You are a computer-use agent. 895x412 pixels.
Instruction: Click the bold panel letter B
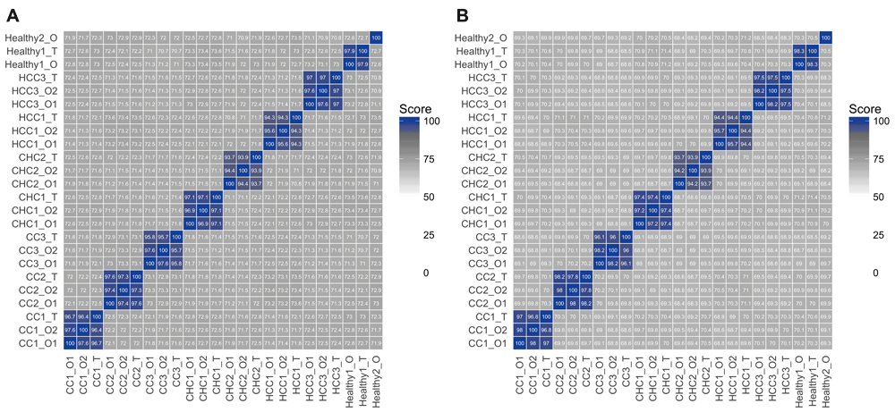tap(462, 14)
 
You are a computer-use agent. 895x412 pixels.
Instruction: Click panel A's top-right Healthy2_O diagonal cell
tap(376, 37)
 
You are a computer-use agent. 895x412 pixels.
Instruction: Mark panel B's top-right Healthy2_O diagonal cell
tap(824, 37)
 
